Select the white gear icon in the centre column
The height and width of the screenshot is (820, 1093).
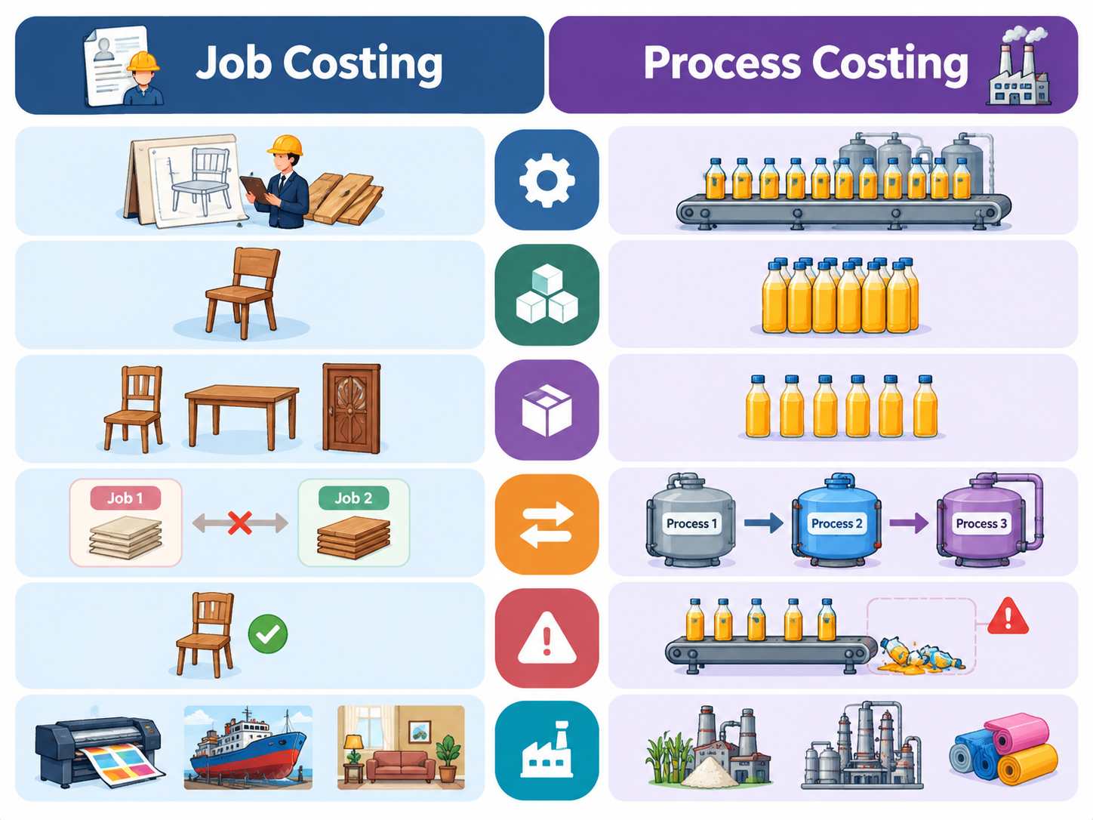click(546, 180)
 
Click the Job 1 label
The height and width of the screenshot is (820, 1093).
click(125, 498)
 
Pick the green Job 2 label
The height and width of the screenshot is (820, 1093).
click(353, 498)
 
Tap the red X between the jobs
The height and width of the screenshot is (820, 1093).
click(240, 523)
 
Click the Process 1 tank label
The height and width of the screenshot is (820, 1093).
click(691, 523)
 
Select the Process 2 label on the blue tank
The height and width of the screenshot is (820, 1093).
click(836, 523)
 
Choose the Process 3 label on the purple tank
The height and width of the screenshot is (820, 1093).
click(981, 523)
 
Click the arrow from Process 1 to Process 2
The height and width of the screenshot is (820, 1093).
click(763, 523)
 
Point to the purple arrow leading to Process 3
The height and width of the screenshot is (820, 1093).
click(909, 523)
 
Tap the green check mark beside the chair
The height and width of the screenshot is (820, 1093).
click(268, 633)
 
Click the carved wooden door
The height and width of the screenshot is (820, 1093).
click(352, 408)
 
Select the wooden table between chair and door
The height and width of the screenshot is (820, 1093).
click(242, 416)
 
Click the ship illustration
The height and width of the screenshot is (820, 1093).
click(248, 748)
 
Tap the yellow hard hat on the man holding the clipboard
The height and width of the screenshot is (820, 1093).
click(285, 146)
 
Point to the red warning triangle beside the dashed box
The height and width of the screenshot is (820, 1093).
click(1008, 616)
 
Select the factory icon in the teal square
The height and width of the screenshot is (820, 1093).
click(546, 749)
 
